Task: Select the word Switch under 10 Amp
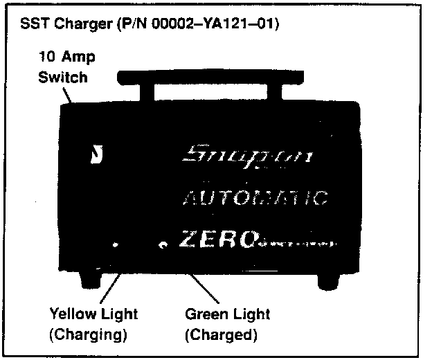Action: click(62, 76)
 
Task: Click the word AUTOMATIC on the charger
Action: click(253, 199)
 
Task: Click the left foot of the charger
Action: click(91, 279)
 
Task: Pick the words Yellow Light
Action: click(93, 314)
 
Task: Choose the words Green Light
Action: click(227, 314)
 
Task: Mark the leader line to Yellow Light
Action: click(112, 284)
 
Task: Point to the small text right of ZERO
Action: click(298, 244)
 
